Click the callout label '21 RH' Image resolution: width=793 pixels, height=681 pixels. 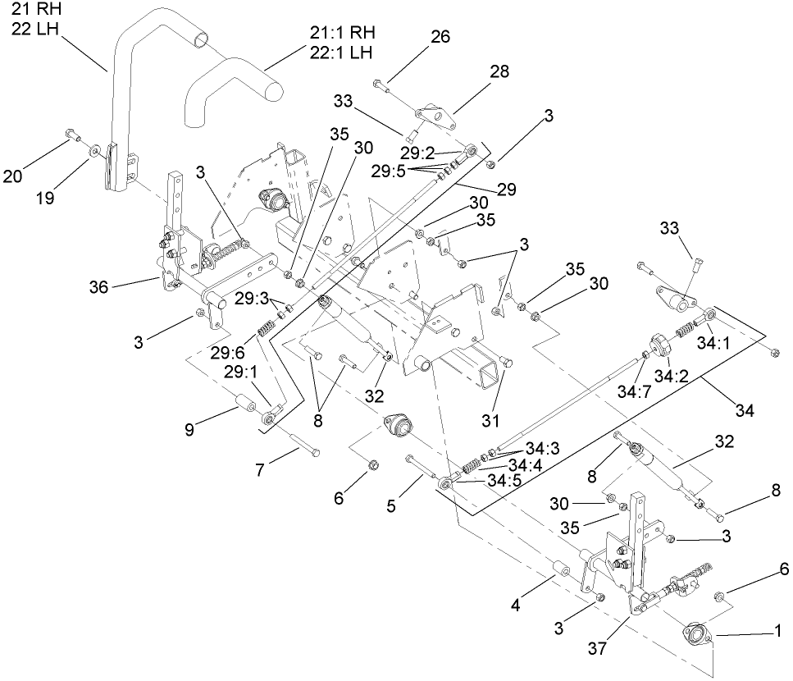click(30, 10)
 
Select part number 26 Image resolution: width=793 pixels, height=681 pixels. click(440, 38)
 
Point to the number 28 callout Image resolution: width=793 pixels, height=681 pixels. click(499, 72)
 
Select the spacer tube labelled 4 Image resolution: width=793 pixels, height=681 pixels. click(562, 569)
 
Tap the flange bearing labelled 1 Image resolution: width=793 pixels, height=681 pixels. click(695, 634)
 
